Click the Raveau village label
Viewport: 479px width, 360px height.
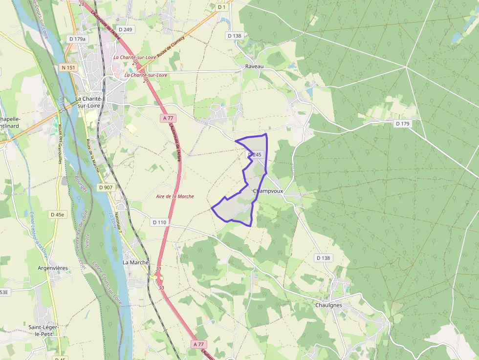[254, 66]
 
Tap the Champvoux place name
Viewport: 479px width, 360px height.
[268, 191]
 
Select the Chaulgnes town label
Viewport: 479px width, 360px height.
[328, 305]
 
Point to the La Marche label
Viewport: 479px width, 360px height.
[135, 262]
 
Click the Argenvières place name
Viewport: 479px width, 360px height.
[53, 268]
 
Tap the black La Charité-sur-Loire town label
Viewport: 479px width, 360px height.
[91, 102]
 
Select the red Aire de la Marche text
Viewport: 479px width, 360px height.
[174, 196]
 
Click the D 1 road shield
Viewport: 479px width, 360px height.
[222, 7]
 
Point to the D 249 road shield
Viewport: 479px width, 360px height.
[125, 30]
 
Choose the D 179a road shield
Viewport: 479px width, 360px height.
[77, 39]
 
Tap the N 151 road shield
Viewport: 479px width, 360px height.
[68, 67]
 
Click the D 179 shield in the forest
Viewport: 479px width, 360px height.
[402, 124]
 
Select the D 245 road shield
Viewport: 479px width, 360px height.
[255, 154]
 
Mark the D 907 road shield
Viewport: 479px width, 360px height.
[106, 187]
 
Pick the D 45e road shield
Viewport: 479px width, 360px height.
[58, 214]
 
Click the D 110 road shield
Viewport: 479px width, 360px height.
[160, 222]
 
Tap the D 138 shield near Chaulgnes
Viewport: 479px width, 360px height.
[324, 258]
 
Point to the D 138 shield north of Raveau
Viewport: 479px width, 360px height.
[235, 36]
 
